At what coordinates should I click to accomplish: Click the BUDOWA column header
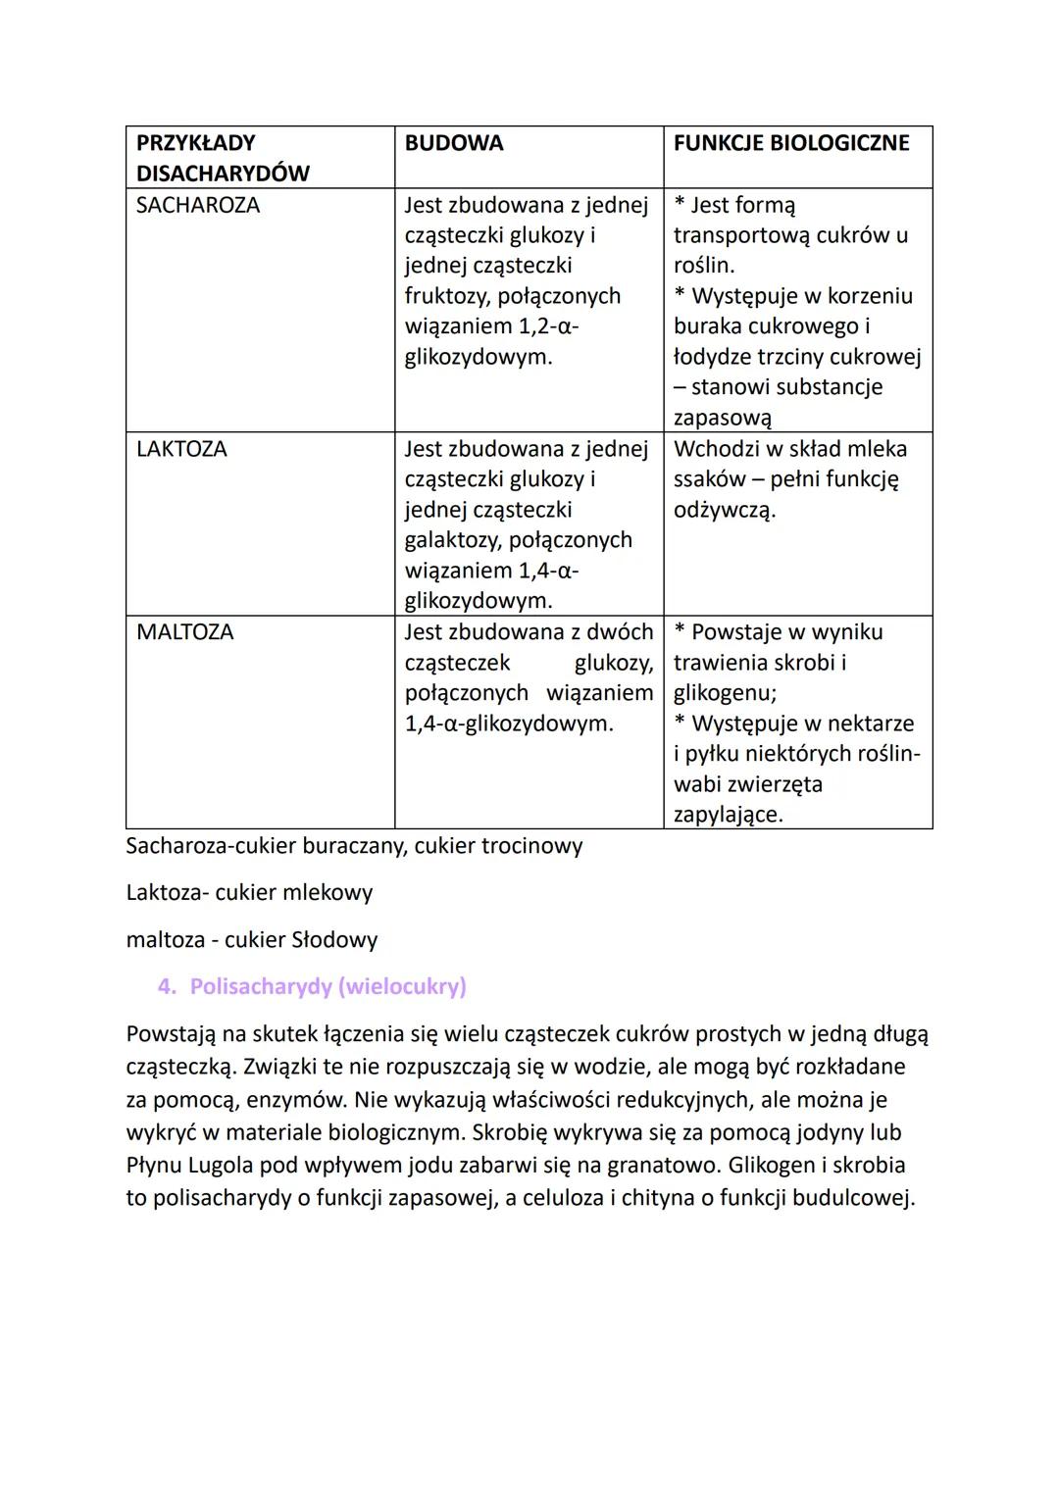(454, 143)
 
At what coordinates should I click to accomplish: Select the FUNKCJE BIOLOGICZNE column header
(791, 143)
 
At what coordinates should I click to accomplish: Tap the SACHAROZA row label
(198, 206)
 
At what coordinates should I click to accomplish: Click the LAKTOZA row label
(181, 449)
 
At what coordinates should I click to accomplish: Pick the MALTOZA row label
(184, 632)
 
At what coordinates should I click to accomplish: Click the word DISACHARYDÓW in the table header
(223, 174)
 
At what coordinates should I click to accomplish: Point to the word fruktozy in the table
(452, 296)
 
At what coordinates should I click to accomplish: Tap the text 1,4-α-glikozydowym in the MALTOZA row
(508, 724)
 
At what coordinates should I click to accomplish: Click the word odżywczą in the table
(724, 511)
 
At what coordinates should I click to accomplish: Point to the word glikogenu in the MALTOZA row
(724, 694)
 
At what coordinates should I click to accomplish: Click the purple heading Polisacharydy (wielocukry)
(328, 986)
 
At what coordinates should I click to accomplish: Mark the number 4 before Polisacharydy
(165, 986)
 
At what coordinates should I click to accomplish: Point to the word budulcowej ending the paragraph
(852, 1198)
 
